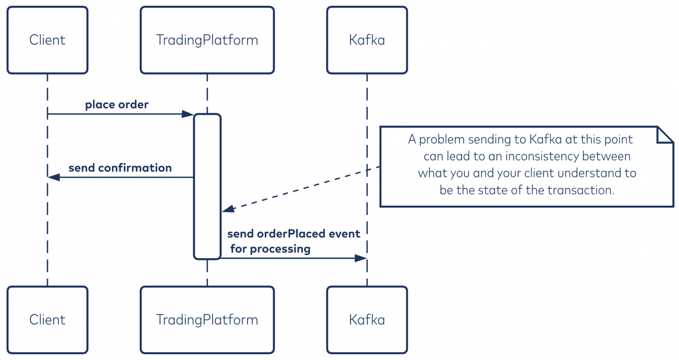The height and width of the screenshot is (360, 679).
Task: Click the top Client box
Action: pyautogui.click(x=48, y=40)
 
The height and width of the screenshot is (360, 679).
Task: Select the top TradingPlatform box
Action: pyautogui.click(x=207, y=40)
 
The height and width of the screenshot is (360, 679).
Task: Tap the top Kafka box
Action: pyautogui.click(x=367, y=40)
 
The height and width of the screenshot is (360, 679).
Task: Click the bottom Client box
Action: pyautogui.click(x=48, y=320)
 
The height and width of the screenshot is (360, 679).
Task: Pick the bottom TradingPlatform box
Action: pyautogui.click(x=207, y=320)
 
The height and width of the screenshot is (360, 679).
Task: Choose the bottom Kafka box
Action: pyautogui.click(x=367, y=320)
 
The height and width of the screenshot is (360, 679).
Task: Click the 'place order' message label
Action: pyautogui.click(x=117, y=105)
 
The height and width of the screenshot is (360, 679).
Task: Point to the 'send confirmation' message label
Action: pyautogui.click(x=120, y=168)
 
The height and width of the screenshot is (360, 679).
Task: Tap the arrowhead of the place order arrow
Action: pyautogui.click(x=187, y=114)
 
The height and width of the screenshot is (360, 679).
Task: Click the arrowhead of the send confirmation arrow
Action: pyautogui.click(x=53, y=177)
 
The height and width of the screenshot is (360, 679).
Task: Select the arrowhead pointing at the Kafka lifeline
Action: pyautogui.click(x=361, y=258)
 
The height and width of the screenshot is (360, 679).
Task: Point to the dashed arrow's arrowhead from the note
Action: pyautogui.click(x=228, y=209)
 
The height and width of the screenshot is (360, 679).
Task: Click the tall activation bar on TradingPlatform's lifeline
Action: pyautogui.click(x=207, y=187)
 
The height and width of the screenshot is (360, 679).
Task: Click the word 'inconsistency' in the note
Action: pyautogui.click(x=542, y=156)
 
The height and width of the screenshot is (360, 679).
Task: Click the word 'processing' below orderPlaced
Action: pyautogui.click(x=280, y=249)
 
